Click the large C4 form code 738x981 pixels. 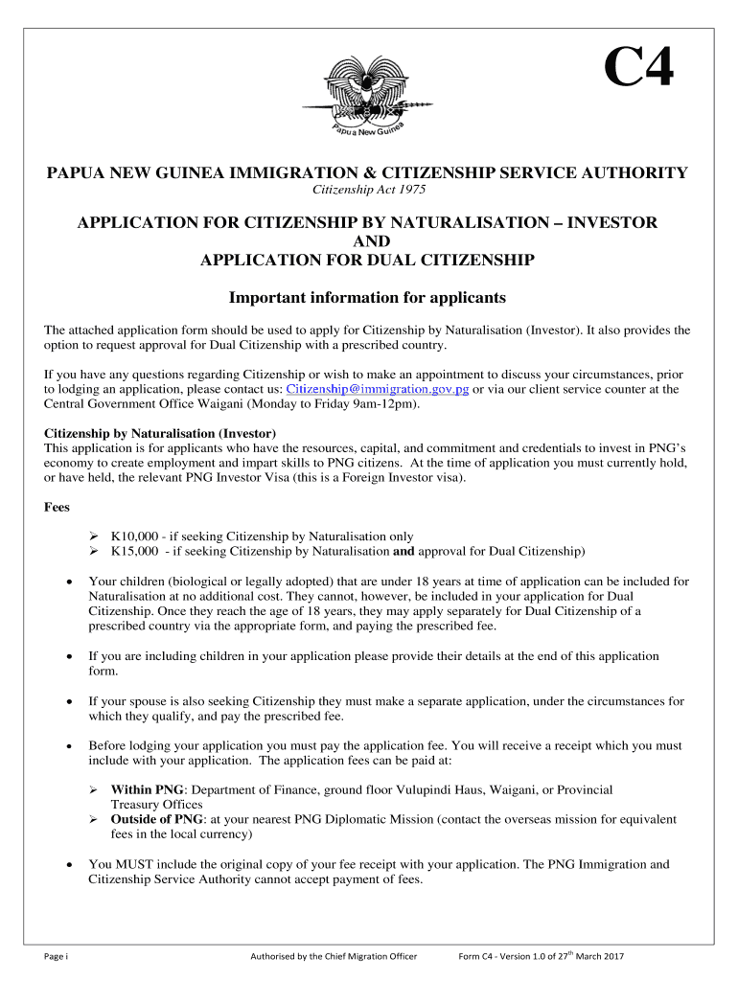click(x=638, y=69)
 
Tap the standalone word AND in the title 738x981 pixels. click(x=368, y=241)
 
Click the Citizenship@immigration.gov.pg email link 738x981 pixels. click(x=378, y=390)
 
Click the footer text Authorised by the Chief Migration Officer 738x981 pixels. click(x=333, y=956)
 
